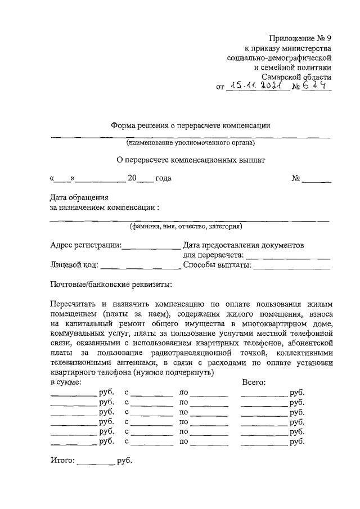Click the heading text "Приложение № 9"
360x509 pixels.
301,39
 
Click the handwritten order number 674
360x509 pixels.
317,86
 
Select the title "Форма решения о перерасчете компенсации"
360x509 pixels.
191,126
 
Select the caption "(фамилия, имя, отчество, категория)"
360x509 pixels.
186,227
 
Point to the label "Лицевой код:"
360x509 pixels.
74,265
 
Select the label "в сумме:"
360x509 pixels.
66,382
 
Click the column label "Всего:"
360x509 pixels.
254,382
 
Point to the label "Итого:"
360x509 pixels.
62,461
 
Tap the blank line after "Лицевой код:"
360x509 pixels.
141,266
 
